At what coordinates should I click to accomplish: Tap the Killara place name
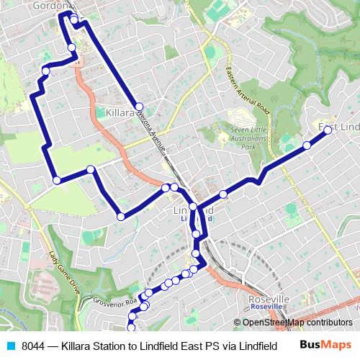coord(120,113)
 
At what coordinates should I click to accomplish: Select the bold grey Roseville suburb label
coord(268,298)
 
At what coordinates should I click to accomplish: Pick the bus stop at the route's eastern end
coord(328,130)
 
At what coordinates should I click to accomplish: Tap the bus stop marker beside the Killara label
coord(139,106)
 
